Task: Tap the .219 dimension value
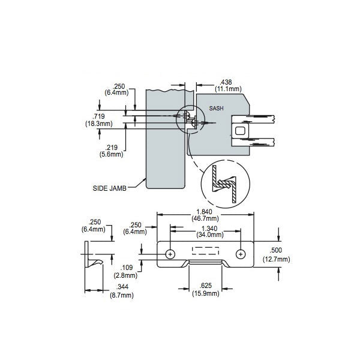click(110, 148)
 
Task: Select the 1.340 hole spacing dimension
click(206, 228)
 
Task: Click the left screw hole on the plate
click(171, 254)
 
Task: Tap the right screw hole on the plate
click(241, 254)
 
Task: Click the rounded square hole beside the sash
click(240, 131)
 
